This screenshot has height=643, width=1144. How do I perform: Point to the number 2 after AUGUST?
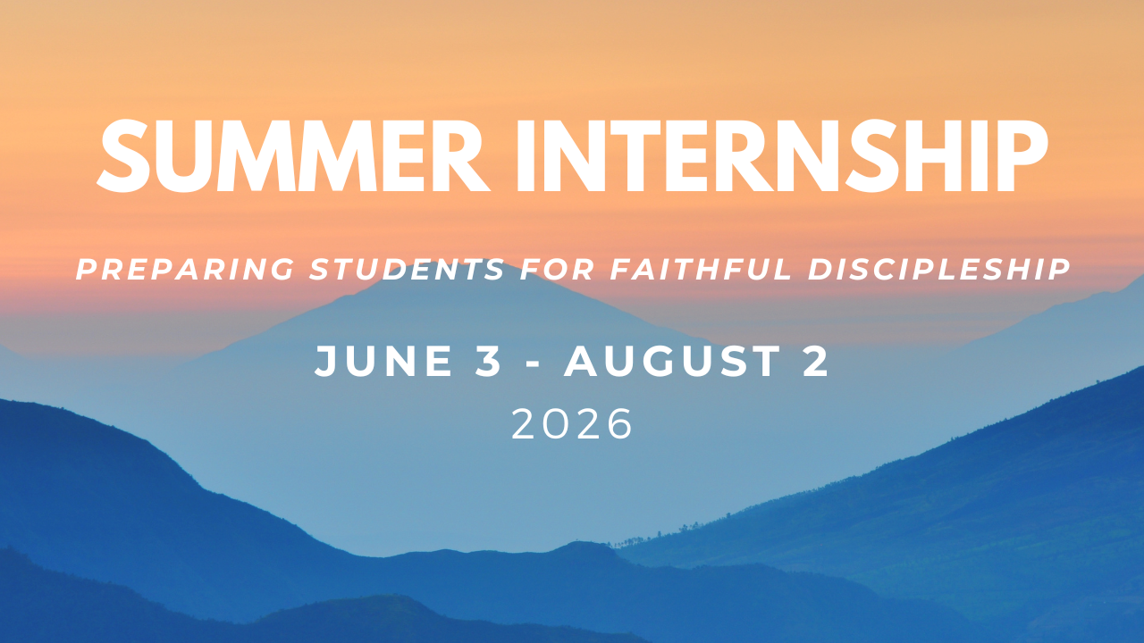(815, 362)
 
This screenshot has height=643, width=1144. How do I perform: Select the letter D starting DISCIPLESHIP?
(820, 269)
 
